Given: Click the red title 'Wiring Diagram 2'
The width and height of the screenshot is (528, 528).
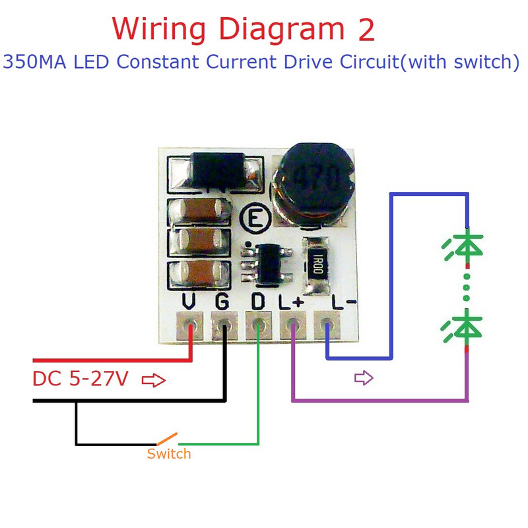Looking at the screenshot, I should point(244,28).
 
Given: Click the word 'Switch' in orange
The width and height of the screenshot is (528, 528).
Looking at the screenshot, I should point(169,454).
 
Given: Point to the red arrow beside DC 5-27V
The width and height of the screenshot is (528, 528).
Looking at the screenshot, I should point(154,381).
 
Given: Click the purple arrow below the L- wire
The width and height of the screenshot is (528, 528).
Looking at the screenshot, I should point(364,378).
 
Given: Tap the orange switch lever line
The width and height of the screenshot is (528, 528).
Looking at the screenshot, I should point(166,438).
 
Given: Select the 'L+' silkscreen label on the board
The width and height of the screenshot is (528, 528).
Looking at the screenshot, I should point(290,302).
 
